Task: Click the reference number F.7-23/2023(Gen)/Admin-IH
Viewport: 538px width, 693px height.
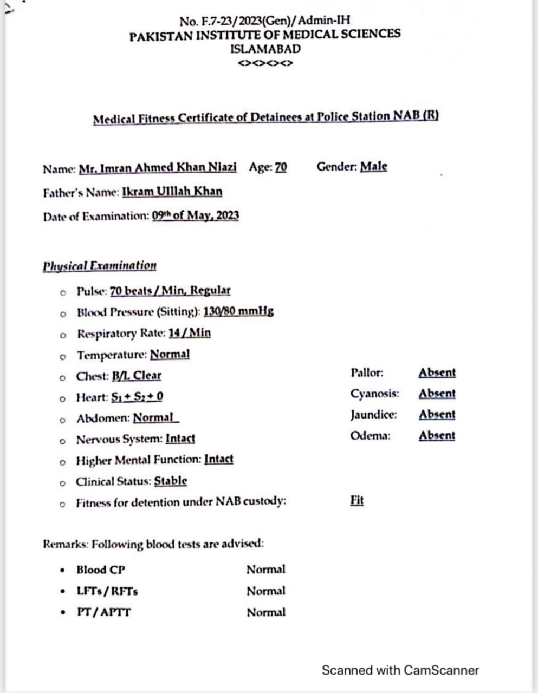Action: pyautogui.click(x=265, y=21)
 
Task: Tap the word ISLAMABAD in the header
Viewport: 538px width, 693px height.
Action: pyautogui.click(x=265, y=49)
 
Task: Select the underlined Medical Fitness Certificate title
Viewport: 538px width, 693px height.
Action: pyautogui.click(x=265, y=117)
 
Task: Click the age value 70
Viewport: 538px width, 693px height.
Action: pyautogui.click(x=281, y=167)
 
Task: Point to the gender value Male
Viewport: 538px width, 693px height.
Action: pyautogui.click(x=374, y=167)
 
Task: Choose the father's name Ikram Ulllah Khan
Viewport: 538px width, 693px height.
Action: pyautogui.click(x=172, y=192)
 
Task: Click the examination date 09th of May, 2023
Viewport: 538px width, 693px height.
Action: pyautogui.click(x=196, y=215)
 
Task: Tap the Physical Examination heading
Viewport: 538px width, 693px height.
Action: pyautogui.click(x=100, y=266)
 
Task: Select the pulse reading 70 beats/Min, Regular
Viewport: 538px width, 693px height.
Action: pyautogui.click(x=170, y=291)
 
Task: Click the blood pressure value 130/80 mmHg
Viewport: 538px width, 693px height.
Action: pyautogui.click(x=238, y=311)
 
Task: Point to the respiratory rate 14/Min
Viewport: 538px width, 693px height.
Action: pyautogui.click(x=190, y=333)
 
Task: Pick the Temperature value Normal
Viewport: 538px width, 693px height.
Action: pyautogui.click(x=170, y=355)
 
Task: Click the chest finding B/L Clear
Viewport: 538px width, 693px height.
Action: pyautogui.click(x=137, y=376)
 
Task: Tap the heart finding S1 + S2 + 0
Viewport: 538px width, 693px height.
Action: pyautogui.click(x=137, y=397)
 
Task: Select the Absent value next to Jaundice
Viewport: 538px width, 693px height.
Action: pyautogui.click(x=437, y=415)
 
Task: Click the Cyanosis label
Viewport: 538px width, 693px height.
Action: pyautogui.click(x=374, y=394)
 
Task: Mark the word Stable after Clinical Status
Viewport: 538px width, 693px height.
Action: pyautogui.click(x=171, y=481)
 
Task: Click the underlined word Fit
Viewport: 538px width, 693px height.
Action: pyautogui.click(x=357, y=500)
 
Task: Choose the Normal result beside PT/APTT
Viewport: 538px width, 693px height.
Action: pyautogui.click(x=265, y=612)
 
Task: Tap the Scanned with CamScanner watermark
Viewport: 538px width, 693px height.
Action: pyautogui.click(x=400, y=670)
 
